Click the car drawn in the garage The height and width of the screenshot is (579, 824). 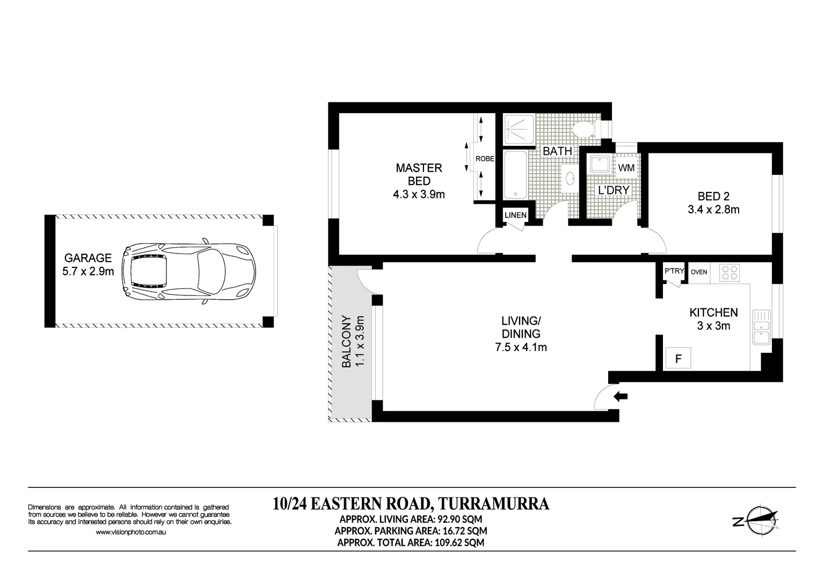188,272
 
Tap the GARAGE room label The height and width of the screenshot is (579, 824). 88,258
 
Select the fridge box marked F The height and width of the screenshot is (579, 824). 678,359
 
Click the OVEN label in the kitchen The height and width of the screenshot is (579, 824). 699,272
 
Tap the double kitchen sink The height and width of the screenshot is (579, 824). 761,327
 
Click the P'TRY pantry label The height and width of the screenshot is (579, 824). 674,271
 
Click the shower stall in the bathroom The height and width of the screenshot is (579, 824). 519,129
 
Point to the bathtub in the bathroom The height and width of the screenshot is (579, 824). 515,174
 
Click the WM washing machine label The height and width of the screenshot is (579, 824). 626,168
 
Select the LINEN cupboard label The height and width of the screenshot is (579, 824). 515,215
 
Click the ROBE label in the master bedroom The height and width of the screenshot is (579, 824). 485,159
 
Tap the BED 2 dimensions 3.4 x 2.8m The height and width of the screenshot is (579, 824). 713,210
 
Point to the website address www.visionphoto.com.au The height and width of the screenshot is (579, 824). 130,532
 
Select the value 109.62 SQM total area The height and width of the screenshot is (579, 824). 458,542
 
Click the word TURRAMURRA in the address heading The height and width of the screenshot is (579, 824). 493,504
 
